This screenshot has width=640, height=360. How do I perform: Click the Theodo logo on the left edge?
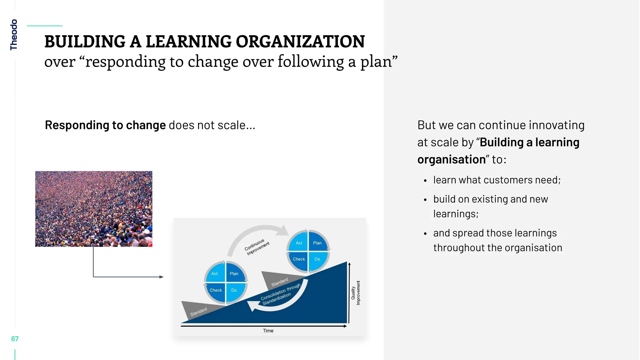[x=14, y=35]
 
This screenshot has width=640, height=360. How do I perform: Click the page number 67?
[x=15, y=339]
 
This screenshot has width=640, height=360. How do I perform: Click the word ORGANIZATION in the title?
[x=300, y=42]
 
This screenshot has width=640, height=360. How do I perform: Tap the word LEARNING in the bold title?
[x=188, y=42]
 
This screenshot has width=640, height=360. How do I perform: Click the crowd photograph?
[x=94, y=209]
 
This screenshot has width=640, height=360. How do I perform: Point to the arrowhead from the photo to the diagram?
[x=161, y=277]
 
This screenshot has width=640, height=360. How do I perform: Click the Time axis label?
[x=268, y=331]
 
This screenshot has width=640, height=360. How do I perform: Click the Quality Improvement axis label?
[x=356, y=293]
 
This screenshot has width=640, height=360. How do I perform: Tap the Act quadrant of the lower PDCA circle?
[x=214, y=273]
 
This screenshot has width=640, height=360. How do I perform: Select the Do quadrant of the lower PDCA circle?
[x=234, y=290]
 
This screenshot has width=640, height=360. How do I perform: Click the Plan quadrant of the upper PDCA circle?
[x=317, y=243]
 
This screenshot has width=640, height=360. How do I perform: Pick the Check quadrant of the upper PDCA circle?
[x=299, y=259]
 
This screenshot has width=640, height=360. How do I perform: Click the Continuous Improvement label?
[x=257, y=247]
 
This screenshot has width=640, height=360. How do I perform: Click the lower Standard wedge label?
[x=198, y=312]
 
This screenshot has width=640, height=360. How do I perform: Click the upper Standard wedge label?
[x=279, y=282]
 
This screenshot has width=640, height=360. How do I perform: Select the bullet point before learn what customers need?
[x=425, y=181]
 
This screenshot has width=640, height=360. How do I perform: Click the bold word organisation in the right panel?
[x=451, y=159]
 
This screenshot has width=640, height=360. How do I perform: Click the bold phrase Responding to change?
[x=105, y=125]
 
